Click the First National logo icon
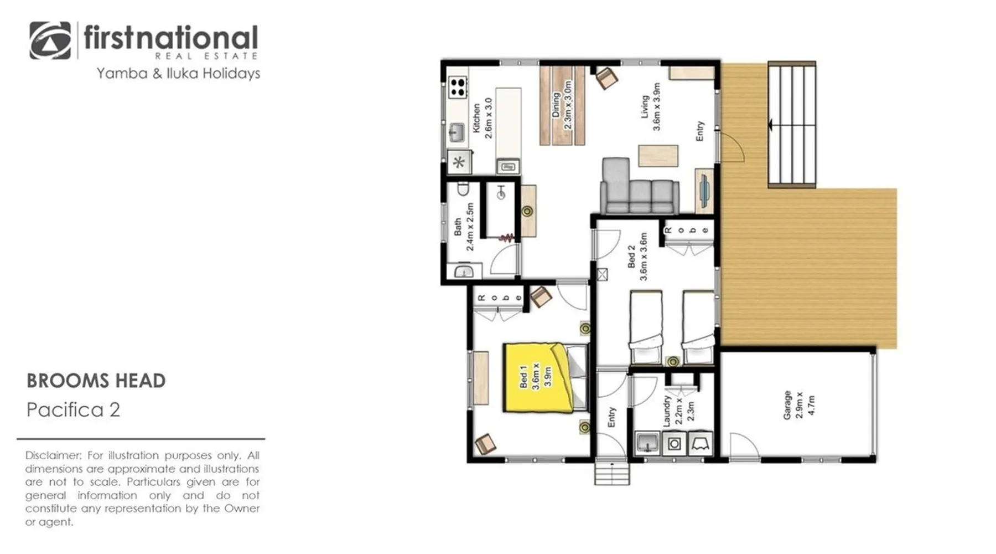(50, 40)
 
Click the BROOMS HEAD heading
(96, 381)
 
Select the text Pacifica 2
(73, 410)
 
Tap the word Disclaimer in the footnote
(53, 455)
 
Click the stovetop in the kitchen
(458, 87)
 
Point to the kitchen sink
(456, 132)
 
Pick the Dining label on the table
(556, 105)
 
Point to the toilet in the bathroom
(463, 189)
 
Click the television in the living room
(703, 190)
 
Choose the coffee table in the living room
(658, 156)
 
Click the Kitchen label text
(476, 118)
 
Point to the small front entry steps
(612, 474)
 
